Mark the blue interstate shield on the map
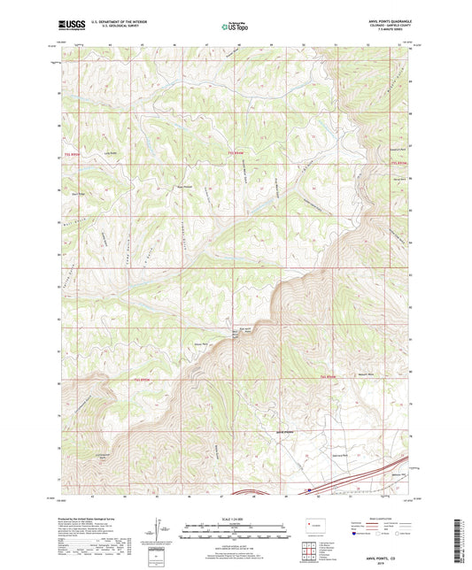pyautogui.click(x=308, y=488)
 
